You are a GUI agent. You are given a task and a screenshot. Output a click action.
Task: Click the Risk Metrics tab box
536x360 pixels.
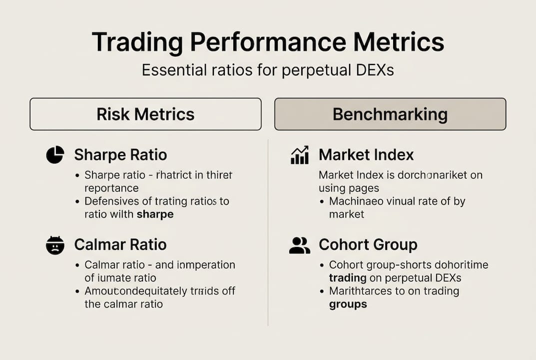pos(145,114)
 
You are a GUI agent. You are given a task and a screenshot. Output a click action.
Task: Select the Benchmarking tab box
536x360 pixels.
pos(390,114)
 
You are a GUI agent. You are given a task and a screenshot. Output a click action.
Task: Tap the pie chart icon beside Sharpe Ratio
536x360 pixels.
pos(55,155)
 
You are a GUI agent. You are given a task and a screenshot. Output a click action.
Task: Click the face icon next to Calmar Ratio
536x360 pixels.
pos(55,245)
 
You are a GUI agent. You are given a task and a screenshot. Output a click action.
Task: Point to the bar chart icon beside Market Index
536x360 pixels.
pos(299,155)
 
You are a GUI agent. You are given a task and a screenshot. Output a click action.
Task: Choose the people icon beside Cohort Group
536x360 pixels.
pos(299,245)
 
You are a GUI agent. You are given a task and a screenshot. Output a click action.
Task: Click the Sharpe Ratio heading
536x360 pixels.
pos(120,155)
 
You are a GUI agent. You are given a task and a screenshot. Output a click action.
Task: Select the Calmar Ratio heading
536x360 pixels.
pos(120,245)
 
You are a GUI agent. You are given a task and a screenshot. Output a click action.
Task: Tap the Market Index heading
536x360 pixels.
pos(366,155)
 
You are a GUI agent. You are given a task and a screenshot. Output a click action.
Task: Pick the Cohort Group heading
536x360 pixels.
pos(368,245)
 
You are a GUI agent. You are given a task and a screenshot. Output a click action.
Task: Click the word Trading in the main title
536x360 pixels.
pos(137,42)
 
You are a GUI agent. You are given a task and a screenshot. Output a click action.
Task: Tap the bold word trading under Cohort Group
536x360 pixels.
pos(348,278)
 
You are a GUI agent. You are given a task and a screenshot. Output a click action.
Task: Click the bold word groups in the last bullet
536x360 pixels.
pos(348,304)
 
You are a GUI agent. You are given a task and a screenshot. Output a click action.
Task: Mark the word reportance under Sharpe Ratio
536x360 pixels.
pos(111,188)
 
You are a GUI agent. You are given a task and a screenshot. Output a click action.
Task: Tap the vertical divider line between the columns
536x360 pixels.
pos(268,230)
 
